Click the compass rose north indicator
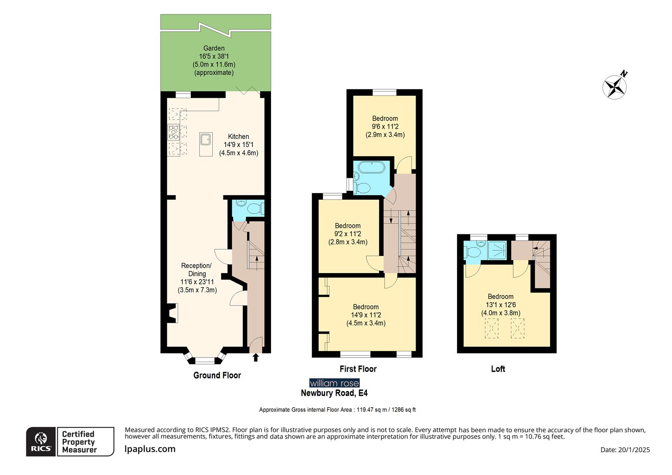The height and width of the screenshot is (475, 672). [615, 86]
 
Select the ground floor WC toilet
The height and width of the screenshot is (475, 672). [254, 208]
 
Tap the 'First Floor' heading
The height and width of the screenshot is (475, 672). [358, 369]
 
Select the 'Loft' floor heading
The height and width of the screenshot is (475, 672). [498, 369]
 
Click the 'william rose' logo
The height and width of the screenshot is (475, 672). [334, 383]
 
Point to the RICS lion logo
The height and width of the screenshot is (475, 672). [41, 441]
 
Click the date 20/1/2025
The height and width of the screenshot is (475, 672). [625, 449]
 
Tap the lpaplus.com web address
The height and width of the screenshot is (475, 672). [150, 449]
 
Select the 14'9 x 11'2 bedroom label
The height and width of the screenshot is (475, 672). [366, 315]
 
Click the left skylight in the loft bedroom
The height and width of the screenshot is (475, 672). [492, 329]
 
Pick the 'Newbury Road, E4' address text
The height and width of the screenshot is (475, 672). [334, 393]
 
